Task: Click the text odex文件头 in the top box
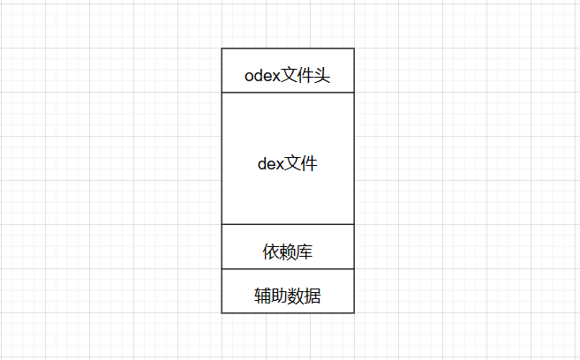[287, 76]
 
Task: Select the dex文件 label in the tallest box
[287, 163]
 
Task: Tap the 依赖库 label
[288, 252]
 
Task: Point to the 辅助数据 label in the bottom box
[287, 296]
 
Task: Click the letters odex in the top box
[262, 77]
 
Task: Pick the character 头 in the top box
[321, 76]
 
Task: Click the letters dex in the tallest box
[270, 164]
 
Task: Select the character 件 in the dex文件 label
[309, 163]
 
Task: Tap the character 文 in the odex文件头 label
[290, 76]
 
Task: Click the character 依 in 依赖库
[271, 252]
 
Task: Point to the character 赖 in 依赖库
[288, 252]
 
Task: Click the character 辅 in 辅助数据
[262, 296]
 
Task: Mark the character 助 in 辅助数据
[279, 296]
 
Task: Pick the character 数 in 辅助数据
[296, 296]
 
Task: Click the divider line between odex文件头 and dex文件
[287, 92]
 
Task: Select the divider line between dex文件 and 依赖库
[287, 224]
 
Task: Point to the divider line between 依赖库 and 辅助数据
[287, 268]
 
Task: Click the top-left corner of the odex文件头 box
[222, 49]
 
